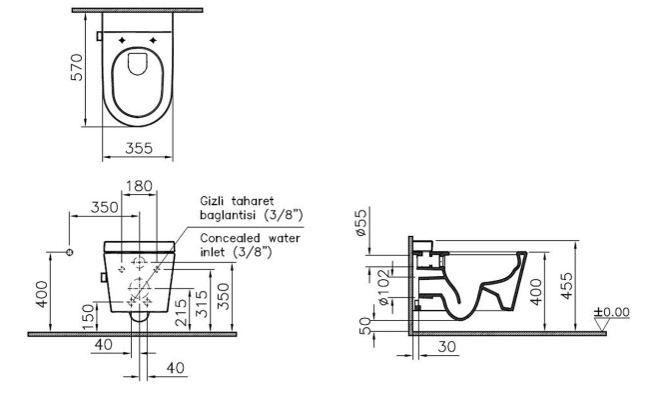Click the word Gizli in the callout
tap(218, 200)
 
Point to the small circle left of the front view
tap(68, 249)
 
